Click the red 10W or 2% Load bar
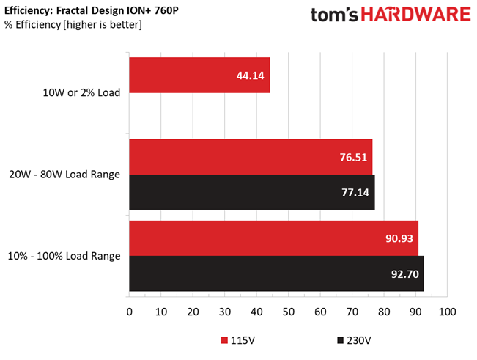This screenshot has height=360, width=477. pyautogui.click(x=199, y=76)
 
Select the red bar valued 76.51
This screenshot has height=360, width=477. pyautogui.click(x=251, y=157)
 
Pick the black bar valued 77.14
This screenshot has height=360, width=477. pyautogui.click(x=251, y=192)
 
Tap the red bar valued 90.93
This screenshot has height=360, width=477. pyautogui.click(x=273, y=238)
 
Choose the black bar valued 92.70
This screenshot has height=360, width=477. pyautogui.click(x=276, y=273)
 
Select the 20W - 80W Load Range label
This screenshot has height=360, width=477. pyautogui.click(x=73, y=175)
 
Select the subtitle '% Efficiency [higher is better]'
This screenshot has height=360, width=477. pyautogui.click(x=73, y=25)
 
